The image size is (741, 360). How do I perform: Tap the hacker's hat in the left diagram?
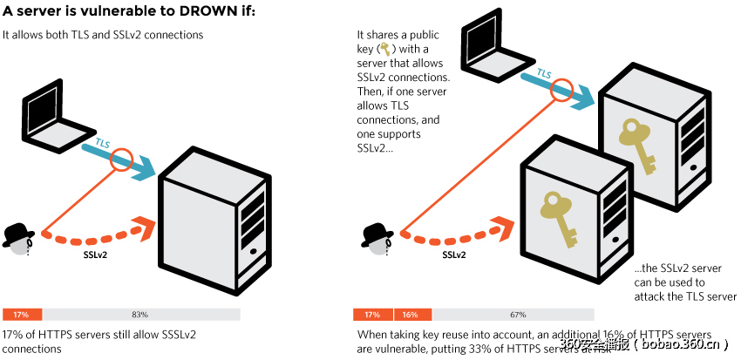[x=17, y=233]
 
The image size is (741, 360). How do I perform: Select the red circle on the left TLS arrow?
[x=120, y=160]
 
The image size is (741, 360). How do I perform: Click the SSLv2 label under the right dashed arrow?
[x=453, y=255]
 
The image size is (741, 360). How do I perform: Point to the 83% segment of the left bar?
[x=139, y=314]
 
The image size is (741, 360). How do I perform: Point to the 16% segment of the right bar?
[x=411, y=314]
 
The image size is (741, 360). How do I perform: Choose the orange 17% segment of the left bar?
[x=23, y=314]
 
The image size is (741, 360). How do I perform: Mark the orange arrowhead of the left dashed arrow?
[x=145, y=227]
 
